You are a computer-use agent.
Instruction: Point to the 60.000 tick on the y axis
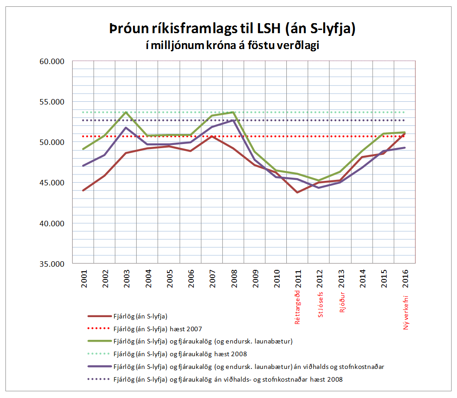click(x=53, y=61)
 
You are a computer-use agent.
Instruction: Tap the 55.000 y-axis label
click(x=53, y=102)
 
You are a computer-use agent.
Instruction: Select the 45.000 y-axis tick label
click(x=53, y=183)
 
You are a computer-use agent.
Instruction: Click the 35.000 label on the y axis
click(x=53, y=264)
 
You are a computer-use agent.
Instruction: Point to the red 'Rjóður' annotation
click(x=341, y=301)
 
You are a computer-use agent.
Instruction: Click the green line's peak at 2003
click(x=126, y=112)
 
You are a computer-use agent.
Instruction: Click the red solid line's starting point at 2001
click(x=84, y=190)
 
